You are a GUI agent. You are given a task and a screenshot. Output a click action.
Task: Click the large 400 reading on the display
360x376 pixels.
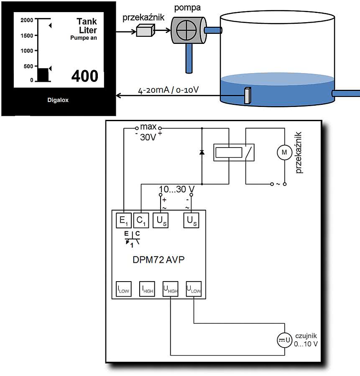click(x=84, y=76)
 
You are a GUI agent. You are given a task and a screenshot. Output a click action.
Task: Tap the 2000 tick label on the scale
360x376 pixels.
click(x=26, y=20)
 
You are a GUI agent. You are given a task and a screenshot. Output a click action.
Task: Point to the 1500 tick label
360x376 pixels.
click(x=26, y=36)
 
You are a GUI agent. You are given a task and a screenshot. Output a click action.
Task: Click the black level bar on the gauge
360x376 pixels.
click(x=43, y=74)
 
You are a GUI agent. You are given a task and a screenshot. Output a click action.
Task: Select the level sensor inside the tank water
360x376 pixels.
click(x=247, y=95)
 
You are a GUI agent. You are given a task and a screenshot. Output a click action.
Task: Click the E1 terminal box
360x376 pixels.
click(x=124, y=221)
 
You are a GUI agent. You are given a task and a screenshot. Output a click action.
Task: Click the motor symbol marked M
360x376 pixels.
click(x=284, y=153)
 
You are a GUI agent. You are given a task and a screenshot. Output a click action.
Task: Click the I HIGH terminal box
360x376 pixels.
click(x=147, y=289)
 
